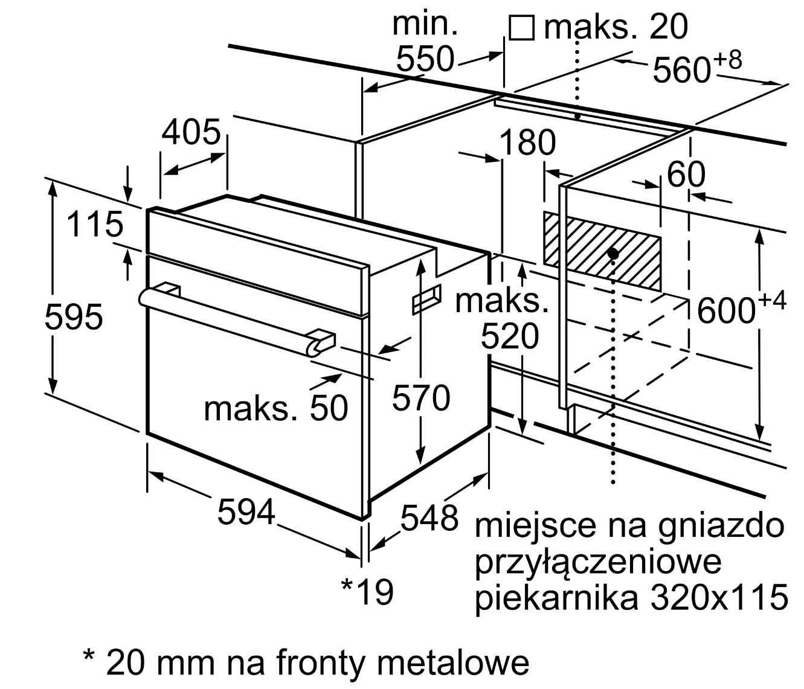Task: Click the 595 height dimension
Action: (74, 317)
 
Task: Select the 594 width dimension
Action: (246, 512)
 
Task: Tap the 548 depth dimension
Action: (429, 518)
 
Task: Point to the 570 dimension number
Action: (421, 398)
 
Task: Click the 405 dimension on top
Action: (191, 132)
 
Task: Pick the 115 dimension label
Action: (95, 225)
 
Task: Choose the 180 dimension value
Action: (527, 143)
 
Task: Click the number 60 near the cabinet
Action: (686, 175)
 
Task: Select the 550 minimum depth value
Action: (425, 59)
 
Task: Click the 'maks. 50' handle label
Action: (276, 409)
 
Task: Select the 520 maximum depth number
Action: (509, 337)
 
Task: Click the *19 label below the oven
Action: (367, 591)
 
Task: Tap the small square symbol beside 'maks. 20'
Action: (521, 28)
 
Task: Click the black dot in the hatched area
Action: (613, 254)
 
